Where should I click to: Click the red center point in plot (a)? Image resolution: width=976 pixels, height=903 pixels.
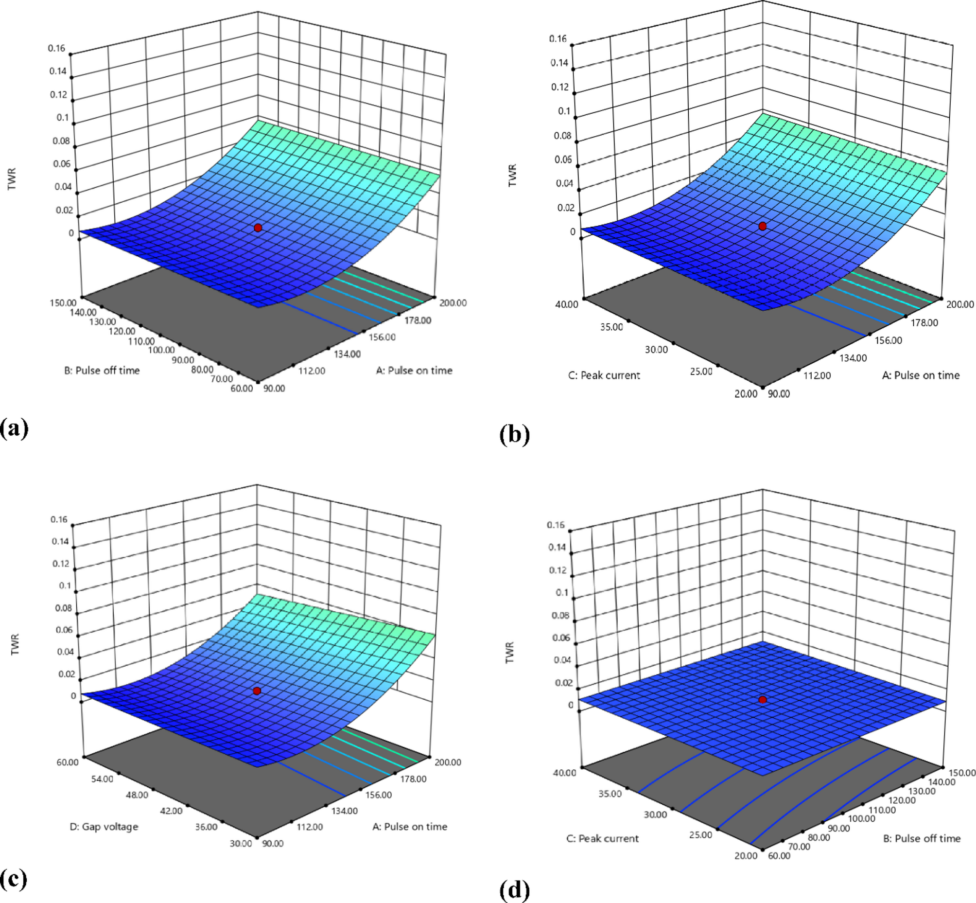point(258,228)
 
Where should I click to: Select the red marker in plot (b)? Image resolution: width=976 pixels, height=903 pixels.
point(763,226)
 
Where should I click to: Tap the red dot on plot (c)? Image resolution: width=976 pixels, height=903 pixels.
point(257,691)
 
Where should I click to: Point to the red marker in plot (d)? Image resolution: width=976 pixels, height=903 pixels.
point(763,700)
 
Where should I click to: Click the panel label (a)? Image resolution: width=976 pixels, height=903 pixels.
point(15,428)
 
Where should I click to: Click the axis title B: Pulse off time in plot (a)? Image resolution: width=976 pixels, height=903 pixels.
point(102,371)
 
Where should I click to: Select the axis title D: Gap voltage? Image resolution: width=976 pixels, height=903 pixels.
point(104,826)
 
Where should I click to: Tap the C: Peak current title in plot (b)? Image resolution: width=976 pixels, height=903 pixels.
point(604,375)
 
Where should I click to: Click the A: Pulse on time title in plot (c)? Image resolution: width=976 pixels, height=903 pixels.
point(410,826)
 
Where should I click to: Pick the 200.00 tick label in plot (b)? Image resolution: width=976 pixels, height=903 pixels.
point(959,304)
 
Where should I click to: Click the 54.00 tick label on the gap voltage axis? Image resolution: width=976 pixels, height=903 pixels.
point(102,779)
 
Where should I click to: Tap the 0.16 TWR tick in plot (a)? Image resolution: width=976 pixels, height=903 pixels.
point(57,48)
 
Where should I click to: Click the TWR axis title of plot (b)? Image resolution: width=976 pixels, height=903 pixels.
point(512,176)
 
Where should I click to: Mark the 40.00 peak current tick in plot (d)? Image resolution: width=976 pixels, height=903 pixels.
point(565,773)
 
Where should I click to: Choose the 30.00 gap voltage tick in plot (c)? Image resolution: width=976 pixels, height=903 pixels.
point(241,843)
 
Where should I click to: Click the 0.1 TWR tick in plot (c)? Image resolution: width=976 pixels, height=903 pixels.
point(65,585)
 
